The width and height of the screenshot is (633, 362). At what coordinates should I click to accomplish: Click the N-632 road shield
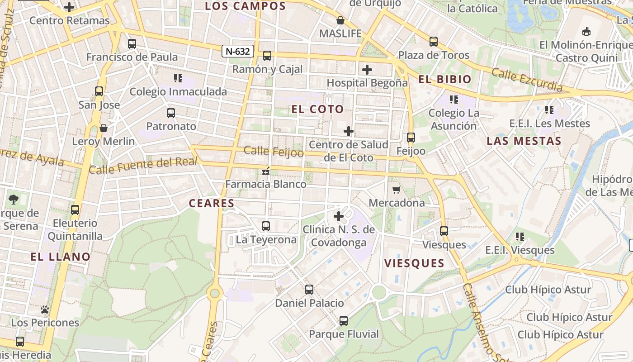tap(237, 51)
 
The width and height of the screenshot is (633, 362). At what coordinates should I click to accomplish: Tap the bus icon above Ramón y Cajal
tap(267, 56)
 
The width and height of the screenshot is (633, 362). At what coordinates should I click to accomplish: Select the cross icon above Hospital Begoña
tap(367, 70)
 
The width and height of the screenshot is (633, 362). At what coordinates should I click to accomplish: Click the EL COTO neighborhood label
tap(317, 109)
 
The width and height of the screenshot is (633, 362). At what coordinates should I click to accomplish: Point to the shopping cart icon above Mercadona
tap(397, 190)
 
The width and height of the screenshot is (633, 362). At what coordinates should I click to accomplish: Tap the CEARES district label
tap(212, 203)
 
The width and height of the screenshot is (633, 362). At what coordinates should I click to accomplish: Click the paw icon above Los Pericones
tap(45, 310)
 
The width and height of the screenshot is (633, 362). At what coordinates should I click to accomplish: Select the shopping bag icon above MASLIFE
tap(340, 20)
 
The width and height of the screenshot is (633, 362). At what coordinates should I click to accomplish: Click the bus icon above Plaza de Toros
tap(434, 42)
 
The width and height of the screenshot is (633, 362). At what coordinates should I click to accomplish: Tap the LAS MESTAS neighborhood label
tap(524, 141)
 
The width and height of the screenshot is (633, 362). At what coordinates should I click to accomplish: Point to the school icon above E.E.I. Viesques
tap(520, 237)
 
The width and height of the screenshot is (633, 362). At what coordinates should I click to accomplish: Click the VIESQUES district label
tap(414, 263)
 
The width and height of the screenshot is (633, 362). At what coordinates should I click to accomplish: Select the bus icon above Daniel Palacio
tap(309, 290)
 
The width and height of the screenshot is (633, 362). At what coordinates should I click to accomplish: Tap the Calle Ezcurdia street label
tap(527, 80)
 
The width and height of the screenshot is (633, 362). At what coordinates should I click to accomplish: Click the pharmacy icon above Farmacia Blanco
tap(266, 171)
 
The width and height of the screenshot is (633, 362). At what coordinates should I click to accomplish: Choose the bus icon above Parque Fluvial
tap(344, 321)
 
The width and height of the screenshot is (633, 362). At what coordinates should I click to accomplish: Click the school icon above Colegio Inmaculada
tap(178, 78)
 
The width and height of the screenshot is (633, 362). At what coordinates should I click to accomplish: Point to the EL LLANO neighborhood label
tap(61, 257)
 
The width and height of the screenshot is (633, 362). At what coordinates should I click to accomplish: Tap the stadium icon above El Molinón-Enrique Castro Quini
tap(586, 31)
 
